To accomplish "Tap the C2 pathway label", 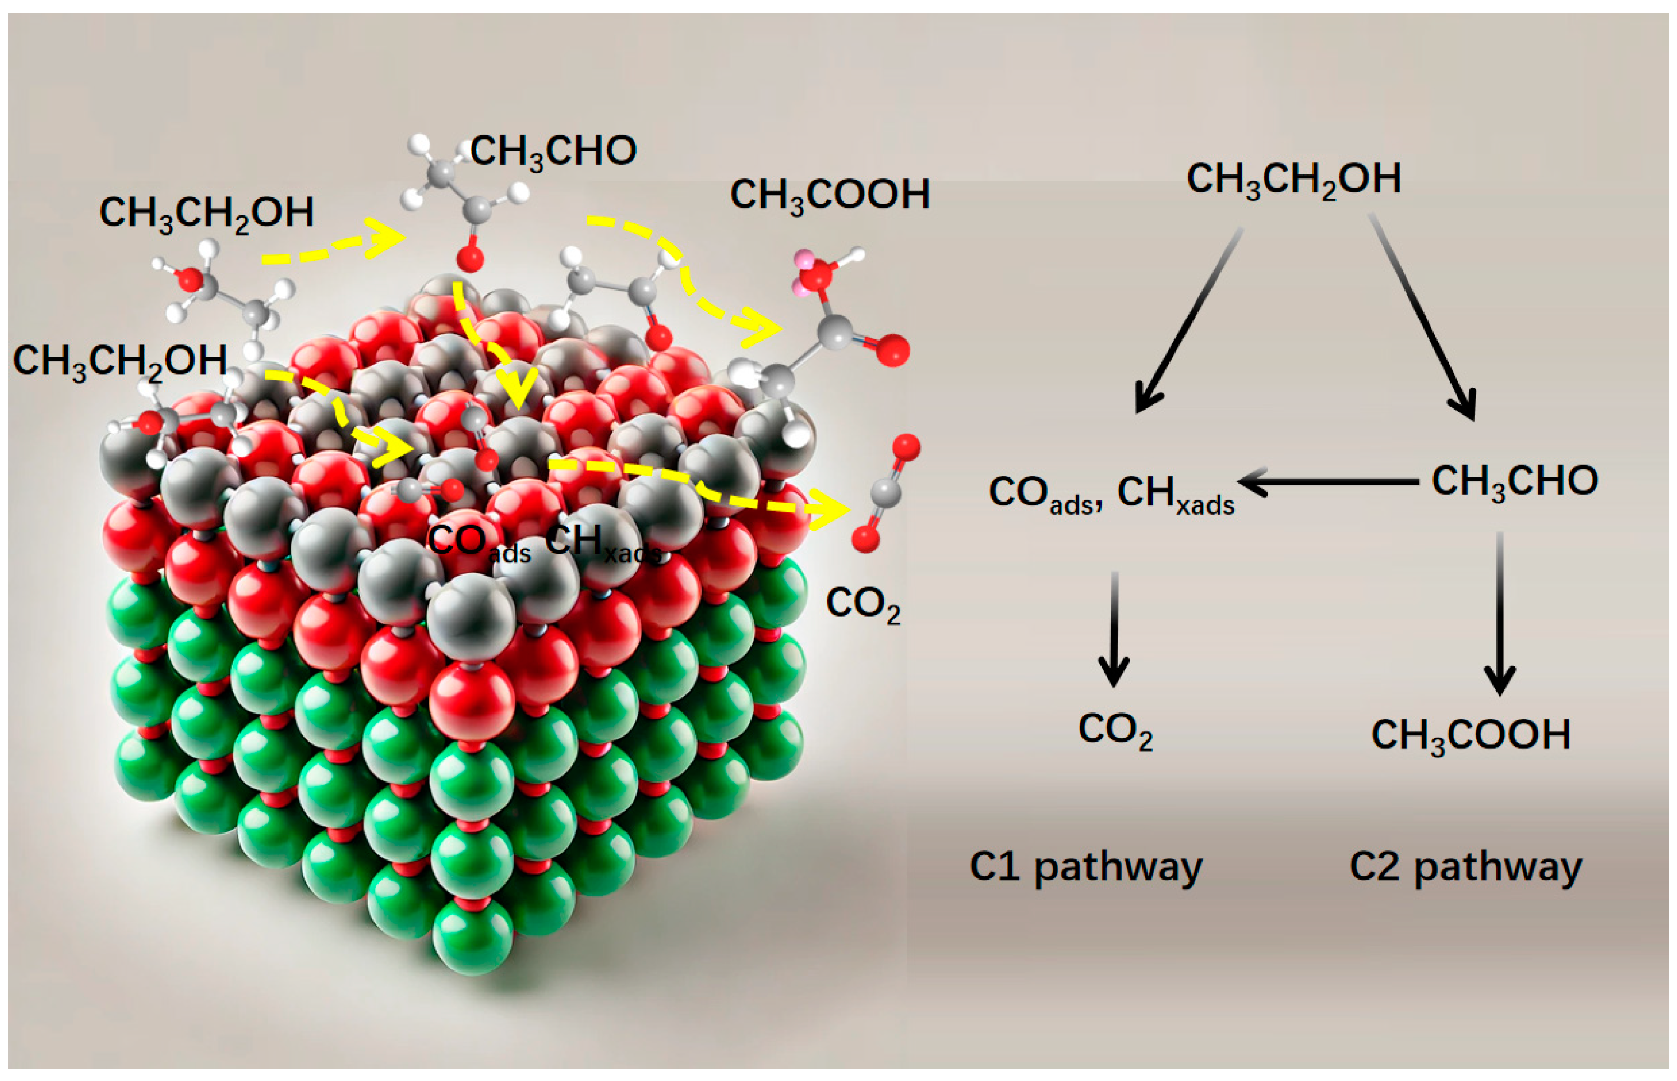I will pos(1466,868).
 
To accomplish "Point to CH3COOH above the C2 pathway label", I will pos(1470,735).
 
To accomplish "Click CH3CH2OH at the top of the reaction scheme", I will pos(1293,180).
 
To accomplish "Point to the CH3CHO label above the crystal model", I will pos(553,151).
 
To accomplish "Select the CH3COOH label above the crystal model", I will pos(830,195).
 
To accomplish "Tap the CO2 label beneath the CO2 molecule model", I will pos(863,604).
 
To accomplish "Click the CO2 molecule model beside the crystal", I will pos(886,492).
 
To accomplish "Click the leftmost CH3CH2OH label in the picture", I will pos(119,361).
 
